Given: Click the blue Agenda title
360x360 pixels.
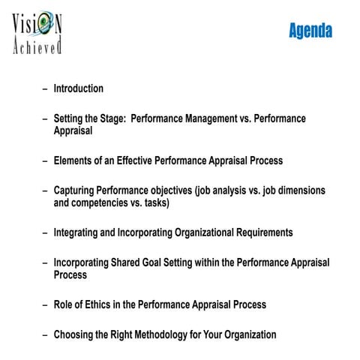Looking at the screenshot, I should tap(310, 31).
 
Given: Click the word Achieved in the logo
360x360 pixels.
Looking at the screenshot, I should tap(37, 48).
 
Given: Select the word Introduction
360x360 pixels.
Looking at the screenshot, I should tap(78, 88).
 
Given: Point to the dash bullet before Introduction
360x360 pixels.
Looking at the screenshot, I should tap(46, 88).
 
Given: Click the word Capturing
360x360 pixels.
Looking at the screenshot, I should tap(76, 190).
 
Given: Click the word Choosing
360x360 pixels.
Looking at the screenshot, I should tap(75, 334).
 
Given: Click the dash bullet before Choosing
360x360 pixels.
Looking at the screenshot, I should tap(46, 334).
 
